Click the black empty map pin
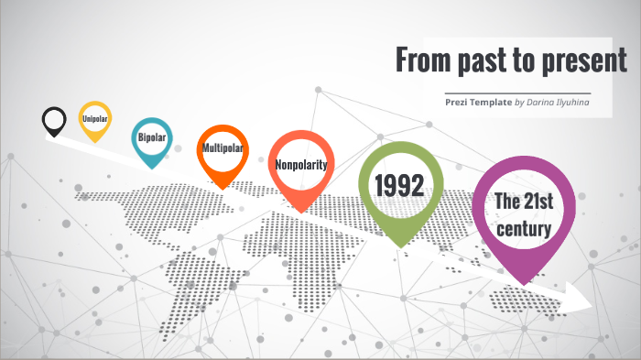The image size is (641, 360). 54,120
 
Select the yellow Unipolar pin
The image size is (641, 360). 94,119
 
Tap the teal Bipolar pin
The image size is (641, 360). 151,140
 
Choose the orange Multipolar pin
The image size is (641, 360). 222,151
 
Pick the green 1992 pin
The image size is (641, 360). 399,189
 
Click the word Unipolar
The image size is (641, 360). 94,119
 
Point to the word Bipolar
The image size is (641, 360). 151,138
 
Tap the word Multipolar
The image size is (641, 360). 222,147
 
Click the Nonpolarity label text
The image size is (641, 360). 301,164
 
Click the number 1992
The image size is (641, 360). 399,186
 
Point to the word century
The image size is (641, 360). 524,228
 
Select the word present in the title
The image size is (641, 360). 585,61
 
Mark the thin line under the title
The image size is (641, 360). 516,93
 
